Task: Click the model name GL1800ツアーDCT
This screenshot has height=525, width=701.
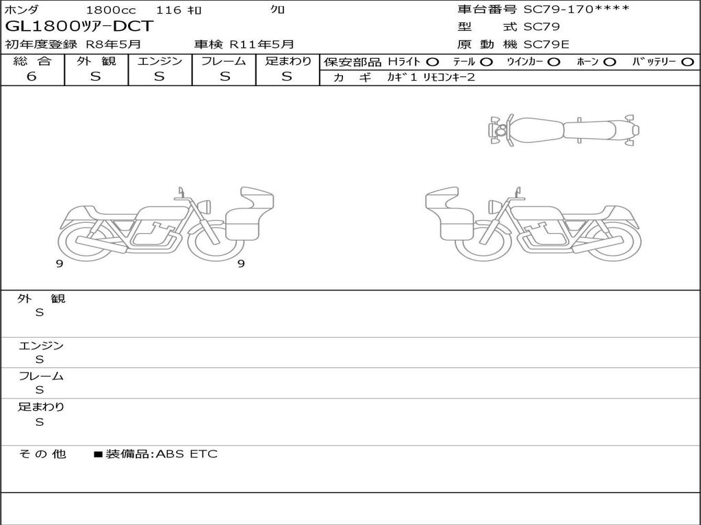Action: (x=79, y=27)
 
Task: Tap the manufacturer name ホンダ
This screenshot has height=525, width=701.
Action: (x=21, y=10)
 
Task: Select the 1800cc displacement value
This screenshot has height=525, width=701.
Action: (x=111, y=10)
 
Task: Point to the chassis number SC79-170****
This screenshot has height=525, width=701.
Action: (x=576, y=9)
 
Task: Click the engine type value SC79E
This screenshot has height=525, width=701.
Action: (x=546, y=44)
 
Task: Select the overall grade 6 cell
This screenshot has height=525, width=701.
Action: (x=31, y=77)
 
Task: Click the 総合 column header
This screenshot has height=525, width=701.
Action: (x=32, y=61)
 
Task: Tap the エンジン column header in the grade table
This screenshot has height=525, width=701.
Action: (x=160, y=61)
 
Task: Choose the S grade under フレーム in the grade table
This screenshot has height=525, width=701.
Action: (x=225, y=77)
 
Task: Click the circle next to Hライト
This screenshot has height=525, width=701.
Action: (x=433, y=62)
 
